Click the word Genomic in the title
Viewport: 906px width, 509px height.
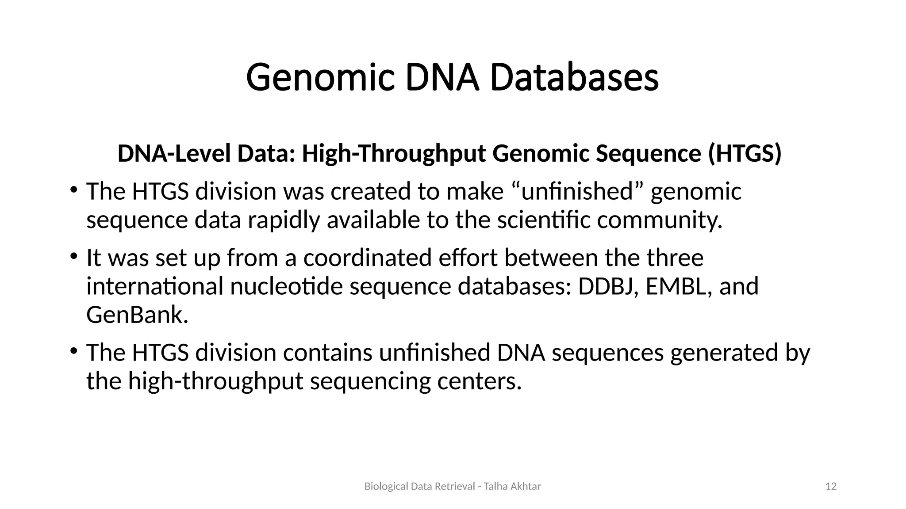[x=320, y=78]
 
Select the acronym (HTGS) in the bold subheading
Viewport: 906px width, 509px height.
[x=745, y=154]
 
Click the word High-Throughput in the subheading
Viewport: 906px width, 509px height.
[x=393, y=154]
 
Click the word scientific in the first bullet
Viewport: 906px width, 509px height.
[x=544, y=220]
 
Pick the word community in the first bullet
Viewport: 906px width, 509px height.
[x=659, y=220]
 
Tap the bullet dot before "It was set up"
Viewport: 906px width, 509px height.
[x=73, y=256]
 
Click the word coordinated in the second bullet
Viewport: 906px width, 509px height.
[x=367, y=258]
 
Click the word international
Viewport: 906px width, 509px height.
[x=155, y=286]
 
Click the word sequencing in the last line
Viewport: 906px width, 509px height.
[x=370, y=381]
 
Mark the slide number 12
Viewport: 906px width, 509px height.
[x=831, y=487]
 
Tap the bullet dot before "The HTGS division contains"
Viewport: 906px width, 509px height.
[x=73, y=351]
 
